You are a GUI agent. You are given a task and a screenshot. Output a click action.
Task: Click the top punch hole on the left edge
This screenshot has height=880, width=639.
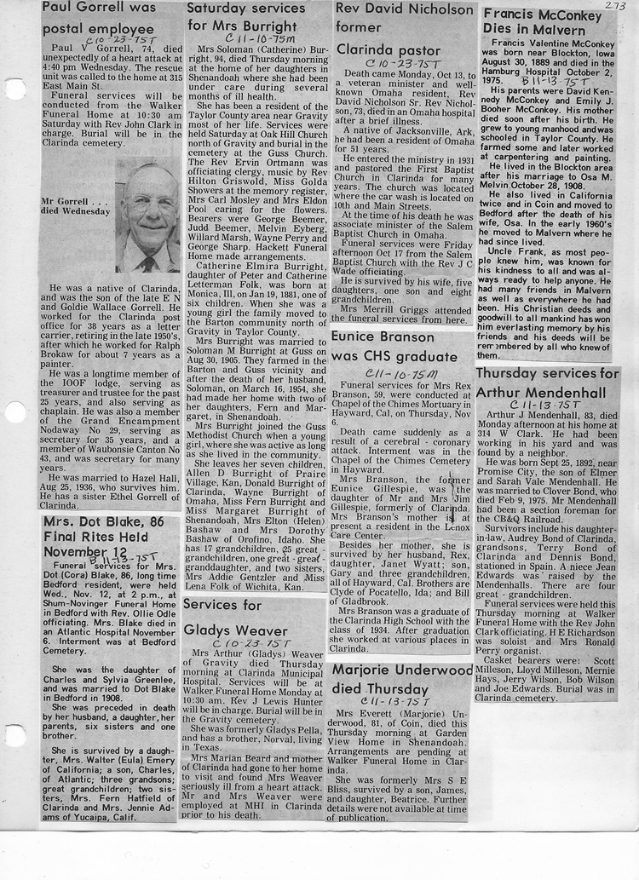coord(13,89)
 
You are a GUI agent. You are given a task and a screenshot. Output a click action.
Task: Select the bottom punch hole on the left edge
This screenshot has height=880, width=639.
coord(13,735)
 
